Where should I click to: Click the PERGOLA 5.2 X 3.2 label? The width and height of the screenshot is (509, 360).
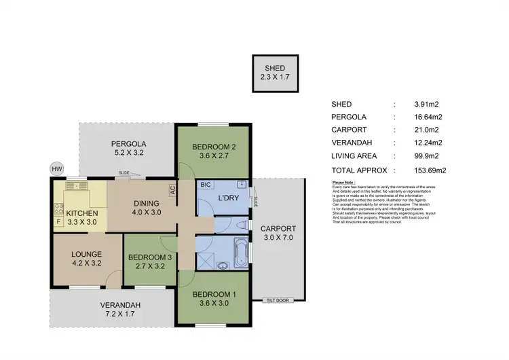coord(129,148)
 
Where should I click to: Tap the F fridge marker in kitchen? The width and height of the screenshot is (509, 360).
coord(58,221)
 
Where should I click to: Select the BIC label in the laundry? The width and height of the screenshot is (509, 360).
coord(205,185)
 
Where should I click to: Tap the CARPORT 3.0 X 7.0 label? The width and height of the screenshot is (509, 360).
coord(278,233)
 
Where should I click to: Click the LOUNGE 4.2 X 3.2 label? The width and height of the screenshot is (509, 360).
coord(86,259)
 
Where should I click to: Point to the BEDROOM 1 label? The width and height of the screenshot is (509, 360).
coord(214,298)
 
